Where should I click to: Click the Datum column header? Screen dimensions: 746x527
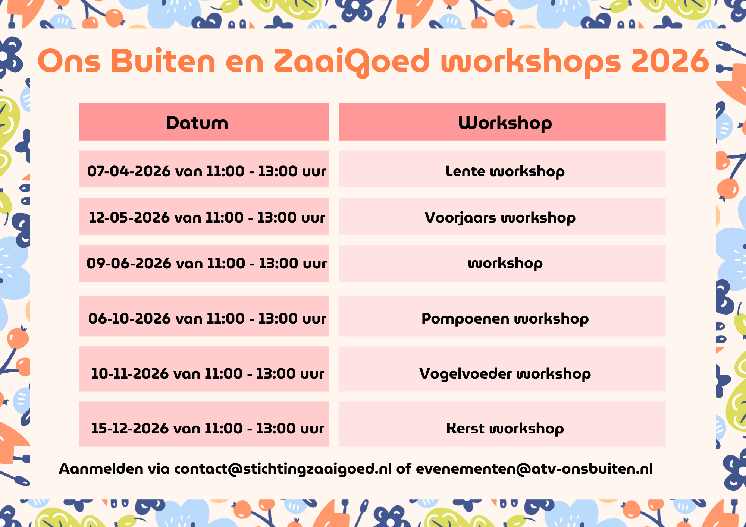pos(204,122)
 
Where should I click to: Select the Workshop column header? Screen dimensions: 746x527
pos(502,122)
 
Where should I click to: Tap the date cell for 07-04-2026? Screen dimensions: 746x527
pos(204,169)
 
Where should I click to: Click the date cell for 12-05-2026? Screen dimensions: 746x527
pos(204,216)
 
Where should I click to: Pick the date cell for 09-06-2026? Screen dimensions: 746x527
pos(204,263)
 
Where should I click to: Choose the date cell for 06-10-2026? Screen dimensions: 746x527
pos(204,316)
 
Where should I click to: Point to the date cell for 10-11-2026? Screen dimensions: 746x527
pos(204,369)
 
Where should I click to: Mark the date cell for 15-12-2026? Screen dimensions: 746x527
pos(204,424)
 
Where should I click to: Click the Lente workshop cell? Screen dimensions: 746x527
pos(502,169)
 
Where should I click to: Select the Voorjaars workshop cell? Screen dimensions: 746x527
pos(502,216)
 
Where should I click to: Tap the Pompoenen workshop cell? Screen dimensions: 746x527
pos(502,316)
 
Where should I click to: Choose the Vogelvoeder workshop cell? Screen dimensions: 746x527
pos(502,369)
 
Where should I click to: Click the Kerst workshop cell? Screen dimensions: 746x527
pos(502,424)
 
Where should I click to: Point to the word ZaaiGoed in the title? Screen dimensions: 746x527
pos(352,62)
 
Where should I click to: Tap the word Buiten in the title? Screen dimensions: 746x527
pos(163,61)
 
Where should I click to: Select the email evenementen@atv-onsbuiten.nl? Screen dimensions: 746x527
pos(535,469)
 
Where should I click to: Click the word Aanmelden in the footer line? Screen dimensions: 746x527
pos(101,469)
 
